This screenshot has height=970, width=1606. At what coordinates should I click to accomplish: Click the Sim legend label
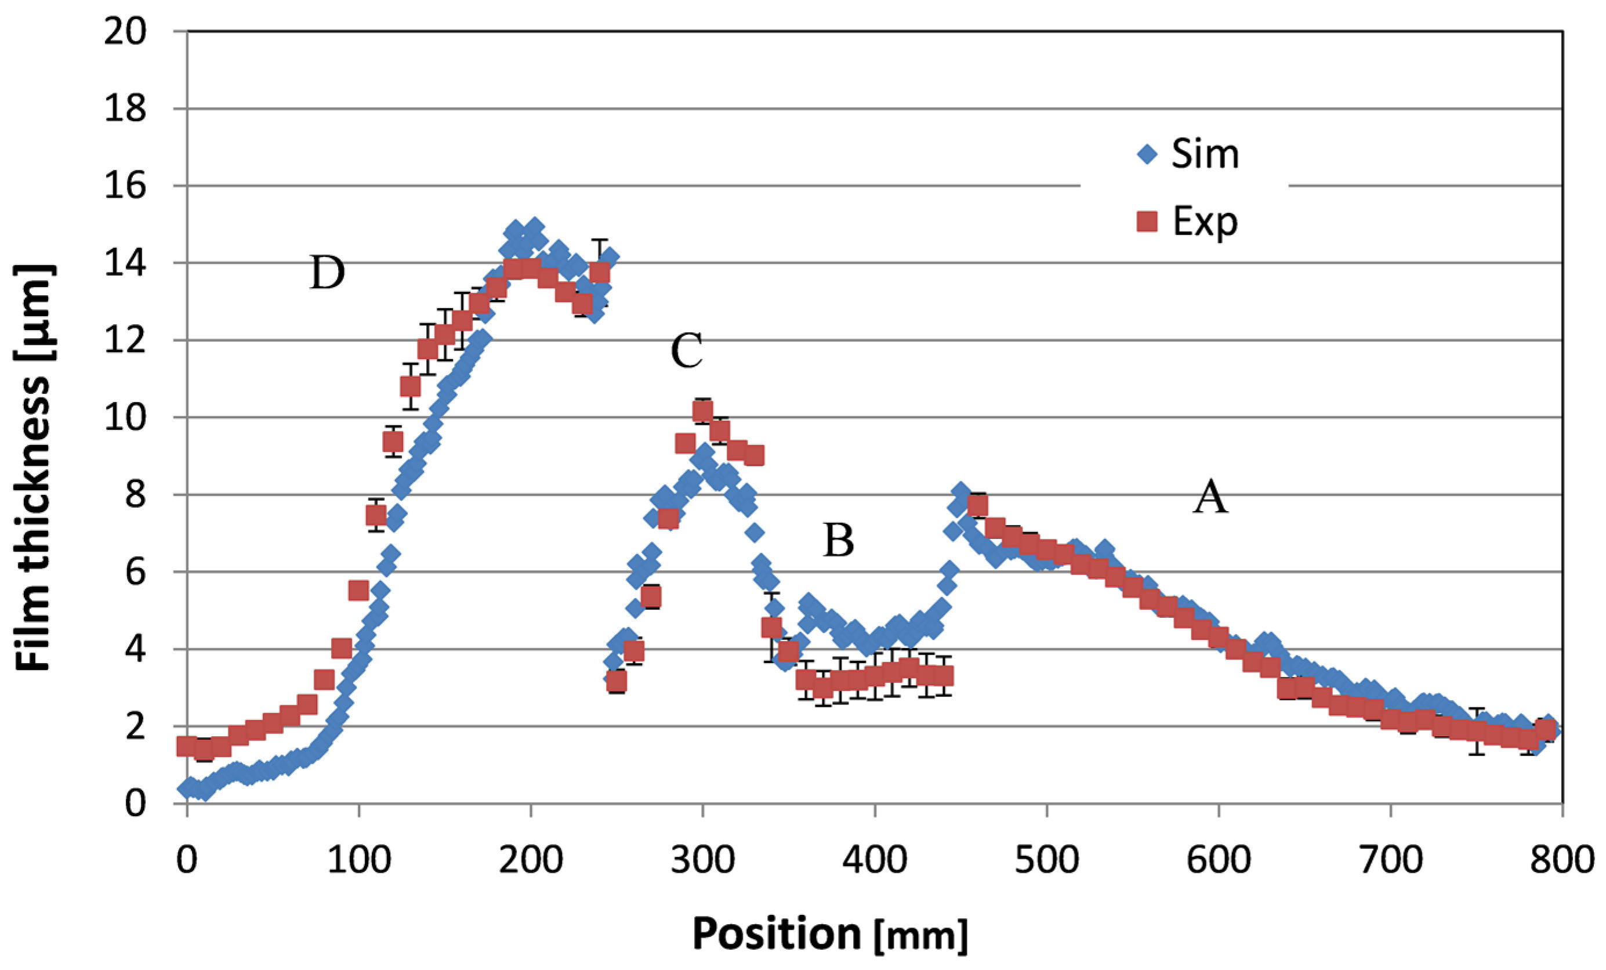1205,154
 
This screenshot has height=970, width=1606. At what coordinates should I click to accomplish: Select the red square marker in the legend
1147,222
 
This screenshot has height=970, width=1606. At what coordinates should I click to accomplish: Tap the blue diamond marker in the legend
1147,154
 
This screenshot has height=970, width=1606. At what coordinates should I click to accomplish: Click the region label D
327,273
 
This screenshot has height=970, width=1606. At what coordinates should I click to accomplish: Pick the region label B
838,541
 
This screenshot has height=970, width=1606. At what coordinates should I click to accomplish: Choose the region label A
1210,497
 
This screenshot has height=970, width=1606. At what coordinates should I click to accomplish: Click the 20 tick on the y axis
126,31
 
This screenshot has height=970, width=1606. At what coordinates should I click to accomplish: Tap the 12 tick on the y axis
126,341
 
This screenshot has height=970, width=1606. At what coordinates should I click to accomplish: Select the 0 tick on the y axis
136,802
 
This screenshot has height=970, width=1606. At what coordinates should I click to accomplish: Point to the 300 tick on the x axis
702,860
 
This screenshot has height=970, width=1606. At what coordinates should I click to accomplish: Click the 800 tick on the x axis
1562,860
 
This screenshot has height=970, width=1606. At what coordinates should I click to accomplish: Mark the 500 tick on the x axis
1046,860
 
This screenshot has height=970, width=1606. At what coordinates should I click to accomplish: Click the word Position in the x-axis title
776,933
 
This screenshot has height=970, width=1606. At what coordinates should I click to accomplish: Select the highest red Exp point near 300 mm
702,411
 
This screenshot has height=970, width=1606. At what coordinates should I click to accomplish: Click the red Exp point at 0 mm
187,747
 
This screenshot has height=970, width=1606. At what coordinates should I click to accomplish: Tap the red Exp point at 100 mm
358,591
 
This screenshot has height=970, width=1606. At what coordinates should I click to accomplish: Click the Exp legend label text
1205,222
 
